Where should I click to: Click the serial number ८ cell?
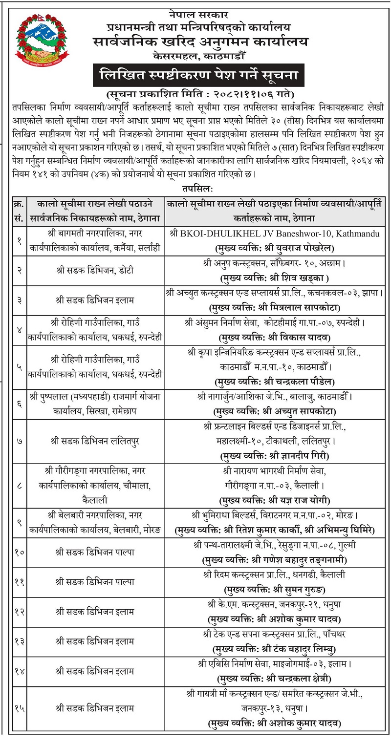(x=19, y=486)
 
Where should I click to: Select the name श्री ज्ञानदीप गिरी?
(x=300, y=456)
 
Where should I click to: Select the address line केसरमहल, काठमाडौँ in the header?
(x=200, y=57)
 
